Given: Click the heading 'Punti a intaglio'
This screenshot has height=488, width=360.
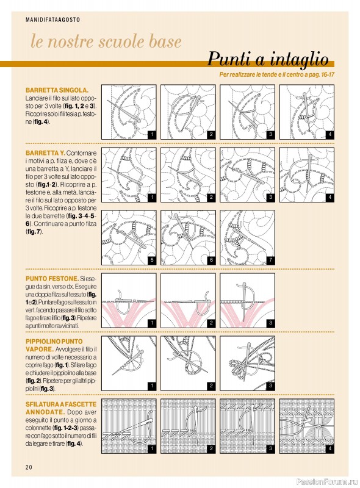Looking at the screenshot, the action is pos(268,59).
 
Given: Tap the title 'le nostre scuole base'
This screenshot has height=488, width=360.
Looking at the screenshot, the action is pos(106,41).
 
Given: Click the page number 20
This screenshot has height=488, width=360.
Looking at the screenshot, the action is pos(29,467).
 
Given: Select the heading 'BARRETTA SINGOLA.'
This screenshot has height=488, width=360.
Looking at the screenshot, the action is pos(57,90).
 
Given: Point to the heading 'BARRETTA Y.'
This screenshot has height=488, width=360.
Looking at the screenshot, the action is pos(46,153).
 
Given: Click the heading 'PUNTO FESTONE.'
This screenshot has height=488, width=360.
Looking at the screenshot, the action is pos(52,279).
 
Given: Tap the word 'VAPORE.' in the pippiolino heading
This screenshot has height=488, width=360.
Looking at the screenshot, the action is pos(40,349).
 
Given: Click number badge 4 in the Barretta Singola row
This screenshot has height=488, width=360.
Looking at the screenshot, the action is pos(329,135).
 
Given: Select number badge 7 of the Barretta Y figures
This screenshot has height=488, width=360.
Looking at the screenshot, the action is pos(271,260).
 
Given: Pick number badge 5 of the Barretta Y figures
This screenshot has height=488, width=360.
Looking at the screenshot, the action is pos(152,260).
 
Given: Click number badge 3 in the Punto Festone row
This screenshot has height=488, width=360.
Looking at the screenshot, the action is pos(271,323).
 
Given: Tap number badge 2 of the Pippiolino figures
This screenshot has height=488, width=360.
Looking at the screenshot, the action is pos(211,386).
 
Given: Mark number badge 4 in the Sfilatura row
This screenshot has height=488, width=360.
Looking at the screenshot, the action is pos(329,449).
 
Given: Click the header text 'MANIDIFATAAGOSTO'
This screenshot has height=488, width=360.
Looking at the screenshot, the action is pos(52,20).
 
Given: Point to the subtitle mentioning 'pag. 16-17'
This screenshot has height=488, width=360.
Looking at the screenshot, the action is pos(276,74).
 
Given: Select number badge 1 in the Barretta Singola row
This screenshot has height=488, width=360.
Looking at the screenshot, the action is pos(152,135).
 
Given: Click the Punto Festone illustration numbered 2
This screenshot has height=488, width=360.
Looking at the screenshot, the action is pos(188,300).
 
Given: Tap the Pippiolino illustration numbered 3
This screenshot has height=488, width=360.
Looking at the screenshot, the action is pos(248,363).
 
